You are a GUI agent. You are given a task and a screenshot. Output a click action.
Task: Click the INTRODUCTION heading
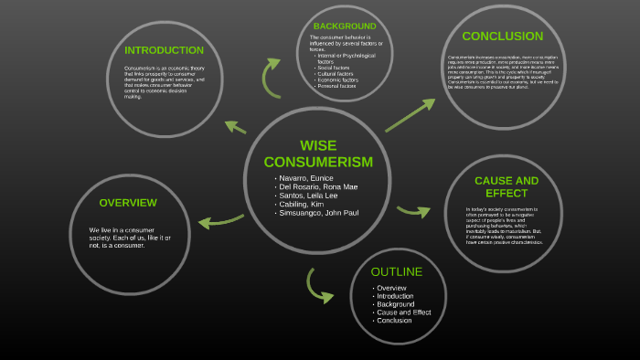click(164, 50)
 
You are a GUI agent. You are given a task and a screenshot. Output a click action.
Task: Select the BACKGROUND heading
click(345, 26)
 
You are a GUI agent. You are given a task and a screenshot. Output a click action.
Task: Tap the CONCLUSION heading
click(502, 37)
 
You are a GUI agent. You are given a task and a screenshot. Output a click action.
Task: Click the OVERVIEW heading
click(128, 203)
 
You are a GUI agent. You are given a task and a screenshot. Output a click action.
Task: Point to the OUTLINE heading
click(396, 272)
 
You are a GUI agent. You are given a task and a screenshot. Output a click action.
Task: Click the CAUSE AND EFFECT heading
click(506, 186)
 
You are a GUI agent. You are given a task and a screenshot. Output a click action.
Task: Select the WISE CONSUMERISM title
click(318, 154)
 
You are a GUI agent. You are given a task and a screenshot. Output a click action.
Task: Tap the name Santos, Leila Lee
click(311, 196)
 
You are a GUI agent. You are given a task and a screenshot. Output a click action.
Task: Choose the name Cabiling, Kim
click(305, 205)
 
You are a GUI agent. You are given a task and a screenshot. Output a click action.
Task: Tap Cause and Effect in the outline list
click(402, 312)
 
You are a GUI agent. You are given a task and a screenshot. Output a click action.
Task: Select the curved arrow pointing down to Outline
click(318, 286)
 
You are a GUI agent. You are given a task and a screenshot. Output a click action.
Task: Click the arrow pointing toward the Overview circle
click(220, 220)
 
